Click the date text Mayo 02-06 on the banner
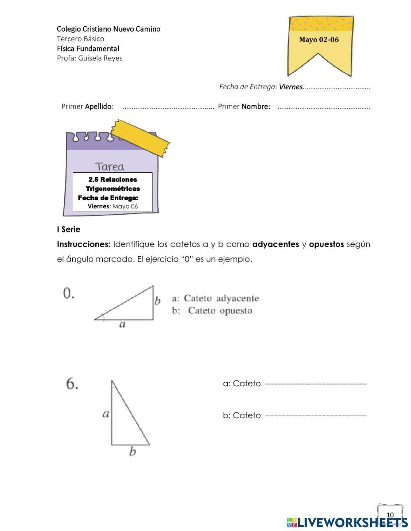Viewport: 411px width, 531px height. coord(319,40)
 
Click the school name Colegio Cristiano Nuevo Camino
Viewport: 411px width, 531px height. coord(109,29)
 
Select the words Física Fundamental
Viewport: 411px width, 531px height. coord(88,49)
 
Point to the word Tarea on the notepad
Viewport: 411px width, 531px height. coord(109,167)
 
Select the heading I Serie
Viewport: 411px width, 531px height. coord(69,230)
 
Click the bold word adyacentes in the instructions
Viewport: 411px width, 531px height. coord(275,244)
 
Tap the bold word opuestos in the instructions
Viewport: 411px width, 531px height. coord(326,244)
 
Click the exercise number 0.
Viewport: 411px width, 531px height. coord(68,293)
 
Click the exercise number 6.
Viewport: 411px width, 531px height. coord(72,384)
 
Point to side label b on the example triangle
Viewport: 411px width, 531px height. coord(157,301)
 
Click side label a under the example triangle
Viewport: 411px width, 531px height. coord(122,325)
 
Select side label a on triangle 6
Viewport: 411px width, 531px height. coord(106,413)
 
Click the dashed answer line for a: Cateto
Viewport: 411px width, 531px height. coord(316,384)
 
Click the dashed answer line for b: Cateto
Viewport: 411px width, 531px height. coord(316,416)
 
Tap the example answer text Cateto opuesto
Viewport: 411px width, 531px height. coord(220,311)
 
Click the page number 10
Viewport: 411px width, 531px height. coord(390,515)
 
